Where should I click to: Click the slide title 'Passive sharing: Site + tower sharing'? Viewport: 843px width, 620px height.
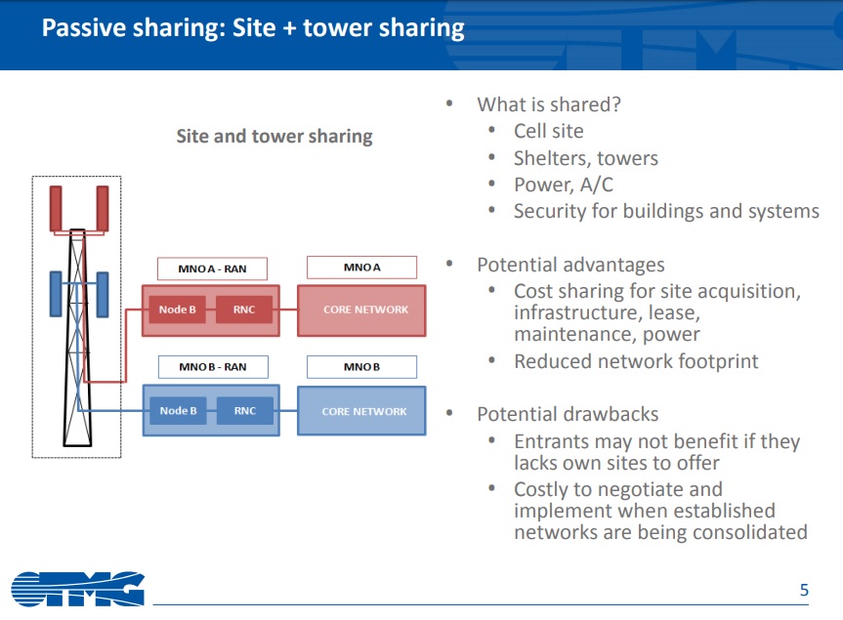[253, 27]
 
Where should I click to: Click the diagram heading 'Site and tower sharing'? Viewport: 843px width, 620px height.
[274, 136]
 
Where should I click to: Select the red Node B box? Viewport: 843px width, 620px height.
[178, 310]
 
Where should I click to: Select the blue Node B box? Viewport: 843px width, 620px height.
[178, 411]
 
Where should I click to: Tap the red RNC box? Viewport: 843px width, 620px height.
[244, 310]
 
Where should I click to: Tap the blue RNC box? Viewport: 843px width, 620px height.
[244, 411]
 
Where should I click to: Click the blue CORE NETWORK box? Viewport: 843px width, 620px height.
[363, 411]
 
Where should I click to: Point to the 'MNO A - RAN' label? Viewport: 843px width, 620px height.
[212, 268]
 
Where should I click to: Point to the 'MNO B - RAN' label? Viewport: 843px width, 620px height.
[212, 367]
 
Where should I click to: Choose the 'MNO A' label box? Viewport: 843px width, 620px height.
[361, 268]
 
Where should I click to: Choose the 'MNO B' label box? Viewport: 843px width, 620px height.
[361, 367]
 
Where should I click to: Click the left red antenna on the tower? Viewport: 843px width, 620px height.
[56, 207]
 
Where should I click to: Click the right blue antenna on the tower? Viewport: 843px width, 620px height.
[103, 294]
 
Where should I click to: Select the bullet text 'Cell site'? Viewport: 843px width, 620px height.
[548, 131]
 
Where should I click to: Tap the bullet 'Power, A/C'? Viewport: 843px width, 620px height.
[563, 185]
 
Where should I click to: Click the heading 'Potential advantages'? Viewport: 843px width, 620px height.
[570, 265]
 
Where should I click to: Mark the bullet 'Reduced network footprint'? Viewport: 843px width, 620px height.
[636, 361]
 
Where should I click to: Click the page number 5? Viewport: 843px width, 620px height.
[804, 590]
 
